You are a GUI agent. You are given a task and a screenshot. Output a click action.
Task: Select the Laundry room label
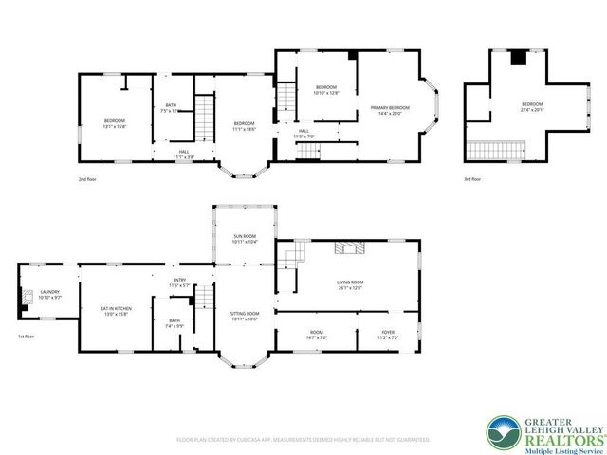point(49,295)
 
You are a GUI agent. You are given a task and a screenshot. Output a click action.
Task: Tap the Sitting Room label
point(245,317)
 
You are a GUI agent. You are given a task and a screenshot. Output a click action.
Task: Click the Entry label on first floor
point(180,283)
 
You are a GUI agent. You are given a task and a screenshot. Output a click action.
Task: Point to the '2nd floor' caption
point(88,177)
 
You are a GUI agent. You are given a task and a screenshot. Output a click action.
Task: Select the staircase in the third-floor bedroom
point(497,149)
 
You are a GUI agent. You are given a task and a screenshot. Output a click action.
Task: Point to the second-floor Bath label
point(171,108)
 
